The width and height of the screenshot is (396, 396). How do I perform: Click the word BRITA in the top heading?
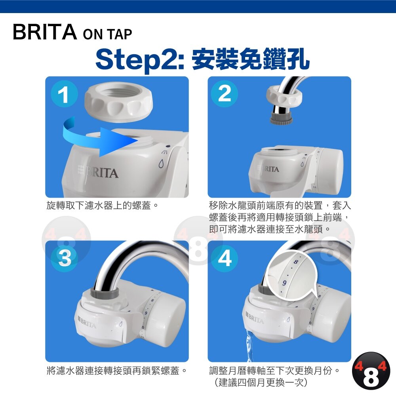(x=45, y=32)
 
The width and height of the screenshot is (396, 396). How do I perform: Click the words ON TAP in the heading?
(x=107, y=34)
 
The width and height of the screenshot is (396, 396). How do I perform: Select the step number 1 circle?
(x=64, y=94)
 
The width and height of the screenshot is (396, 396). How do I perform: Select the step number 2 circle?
(x=224, y=94)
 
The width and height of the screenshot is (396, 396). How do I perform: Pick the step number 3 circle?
(x=64, y=258)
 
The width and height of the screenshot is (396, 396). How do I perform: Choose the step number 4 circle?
(x=224, y=258)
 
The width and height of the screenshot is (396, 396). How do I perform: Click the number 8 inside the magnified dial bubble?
(x=296, y=262)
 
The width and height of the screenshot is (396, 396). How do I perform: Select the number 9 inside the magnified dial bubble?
(x=284, y=283)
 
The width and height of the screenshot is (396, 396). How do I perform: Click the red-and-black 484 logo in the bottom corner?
(x=371, y=371)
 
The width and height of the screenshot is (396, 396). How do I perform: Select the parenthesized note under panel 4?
(x=261, y=383)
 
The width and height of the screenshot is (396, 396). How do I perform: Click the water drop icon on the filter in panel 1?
(x=161, y=163)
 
